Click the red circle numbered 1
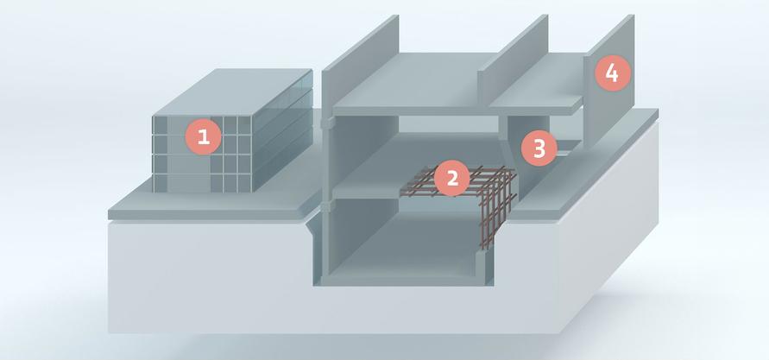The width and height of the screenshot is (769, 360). (204, 136)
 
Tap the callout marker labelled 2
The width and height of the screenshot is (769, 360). (452, 178)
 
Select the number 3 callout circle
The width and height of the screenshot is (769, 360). (539, 148)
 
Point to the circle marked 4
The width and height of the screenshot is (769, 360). (612, 73)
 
